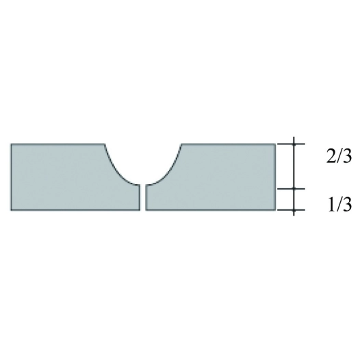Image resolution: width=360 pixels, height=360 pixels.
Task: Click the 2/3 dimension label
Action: [339, 157]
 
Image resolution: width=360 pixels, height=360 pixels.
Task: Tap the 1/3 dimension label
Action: [339, 205]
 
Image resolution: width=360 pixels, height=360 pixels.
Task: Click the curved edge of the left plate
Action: [116, 170]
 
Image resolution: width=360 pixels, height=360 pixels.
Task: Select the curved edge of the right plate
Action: [169, 170]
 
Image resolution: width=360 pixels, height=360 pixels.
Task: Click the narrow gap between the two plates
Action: [143, 197]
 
